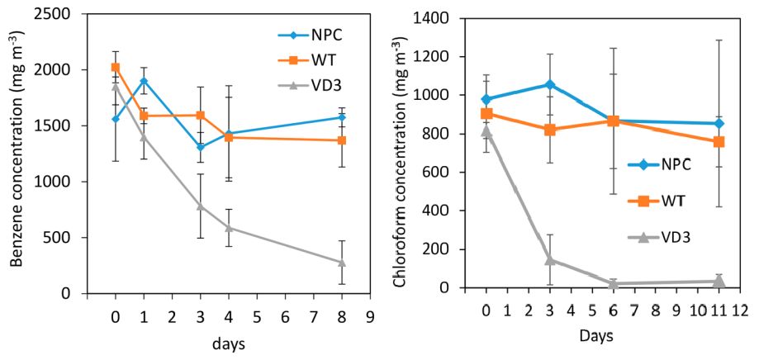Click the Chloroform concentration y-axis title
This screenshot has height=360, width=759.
(x=401, y=155)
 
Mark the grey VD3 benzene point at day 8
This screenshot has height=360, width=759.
(x=341, y=263)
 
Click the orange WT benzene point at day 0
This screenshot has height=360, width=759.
(x=116, y=68)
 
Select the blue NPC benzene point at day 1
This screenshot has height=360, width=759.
(x=144, y=81)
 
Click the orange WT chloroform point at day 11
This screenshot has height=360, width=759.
(x=719, y=142)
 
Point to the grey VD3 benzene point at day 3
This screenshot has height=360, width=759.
(x=200, y=206)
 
